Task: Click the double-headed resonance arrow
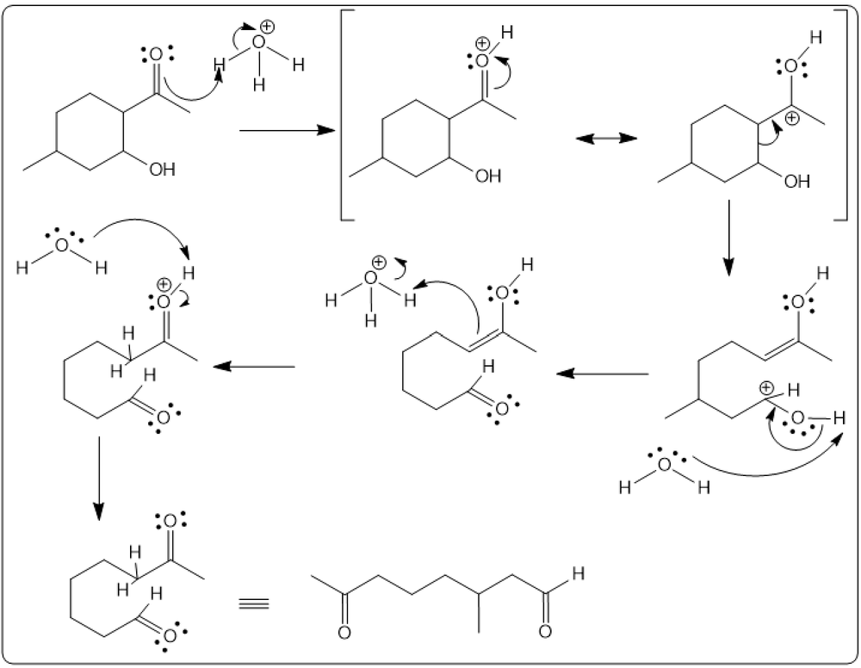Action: pyautogui.click(x=606, y=138)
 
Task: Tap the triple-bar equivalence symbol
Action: pyautogui.click(x=254, y=603)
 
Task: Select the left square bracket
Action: pyautogui.click(x=347, y=114)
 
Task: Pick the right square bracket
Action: pyautogui.click(x=841, y=114)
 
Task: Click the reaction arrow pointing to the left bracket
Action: pyautogui.click(x=288, y=130)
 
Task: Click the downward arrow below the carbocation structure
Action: pyautogui.click(x=728, y=238)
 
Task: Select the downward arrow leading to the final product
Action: pyautogui.click(x=98, y=478)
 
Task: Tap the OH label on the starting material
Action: pyautogui.click(x=163, y=169)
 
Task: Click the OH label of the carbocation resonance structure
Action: pyautogui.click(x=796, y=181)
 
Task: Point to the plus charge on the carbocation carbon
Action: pyautogui.click(x=792, y=118)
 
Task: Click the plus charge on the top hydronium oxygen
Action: pyautogui.click(x=267, y=26)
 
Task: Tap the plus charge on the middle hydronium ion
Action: pyautogui.click(x=378, y=262)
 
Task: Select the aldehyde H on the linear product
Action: pyautogui.click(x=578, y=574)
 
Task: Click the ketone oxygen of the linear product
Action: pyautogui.click(x=344, y=633)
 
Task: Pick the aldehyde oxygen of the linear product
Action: pyautogui.click(x=545, y=632)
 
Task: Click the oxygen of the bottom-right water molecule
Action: pyautogui.click(x=665, y=465)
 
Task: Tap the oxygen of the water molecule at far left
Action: pyautogui.click(x=62, y=245)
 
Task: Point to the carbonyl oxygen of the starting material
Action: pyautogui.click(x=156, y=54)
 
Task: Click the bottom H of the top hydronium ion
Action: pyautogui.click(x=259, y=84)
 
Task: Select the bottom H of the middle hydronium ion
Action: pyautogui.click(x=370, y=320)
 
